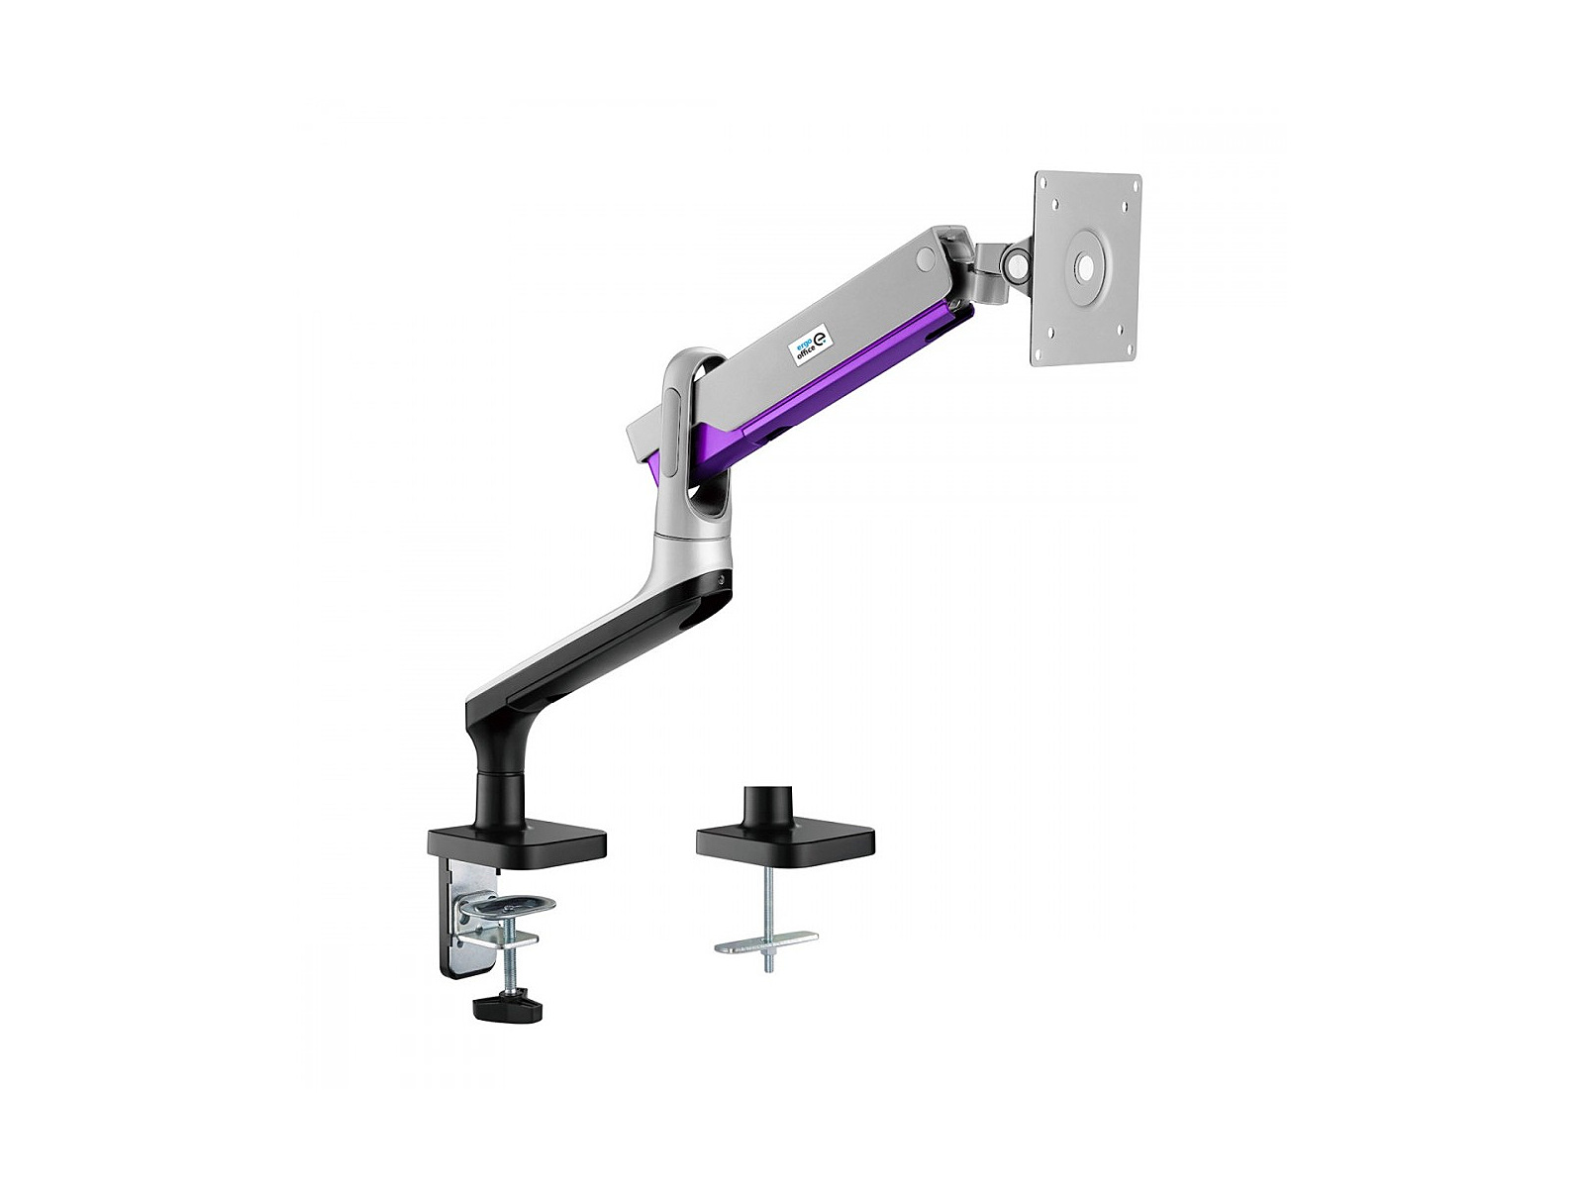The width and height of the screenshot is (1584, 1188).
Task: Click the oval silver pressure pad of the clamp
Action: [x=509, y=905]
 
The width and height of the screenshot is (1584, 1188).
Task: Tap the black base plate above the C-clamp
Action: [x=517, y=844]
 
